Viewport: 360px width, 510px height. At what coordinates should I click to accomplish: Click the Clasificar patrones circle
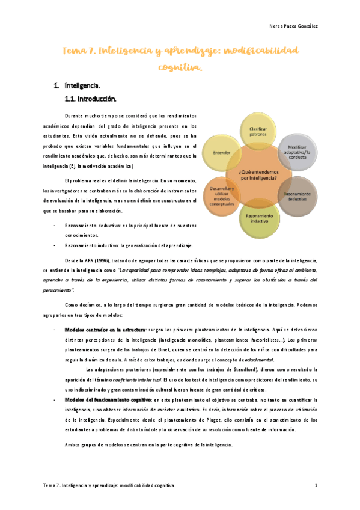click(x=258, y=130)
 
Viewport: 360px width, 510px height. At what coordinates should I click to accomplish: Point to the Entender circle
click(x=221, y=153)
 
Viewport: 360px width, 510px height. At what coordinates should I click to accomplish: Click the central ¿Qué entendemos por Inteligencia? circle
click(x=258, y=174)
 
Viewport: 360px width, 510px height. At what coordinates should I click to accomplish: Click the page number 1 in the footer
click(x=316, y=485)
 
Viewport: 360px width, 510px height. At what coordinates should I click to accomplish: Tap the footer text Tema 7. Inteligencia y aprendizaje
click(x=109, y=485)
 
